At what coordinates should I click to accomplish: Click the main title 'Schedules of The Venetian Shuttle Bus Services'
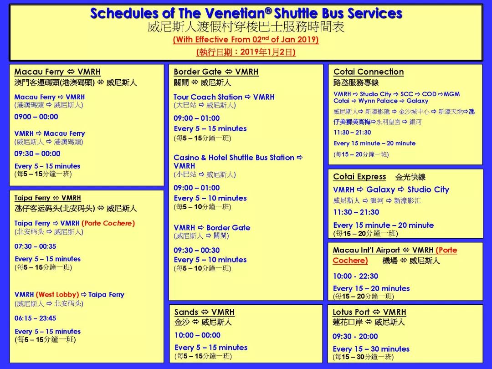[x=246, y=13]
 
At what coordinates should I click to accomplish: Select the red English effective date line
[x=246, y=40]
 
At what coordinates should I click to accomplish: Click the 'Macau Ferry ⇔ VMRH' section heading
[x=57, y=72]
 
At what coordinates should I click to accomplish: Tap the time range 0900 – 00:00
[x=36, y=117]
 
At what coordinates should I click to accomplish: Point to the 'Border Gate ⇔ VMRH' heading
[x=216, y=72]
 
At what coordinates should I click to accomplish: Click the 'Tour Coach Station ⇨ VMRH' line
[x=224, y=97]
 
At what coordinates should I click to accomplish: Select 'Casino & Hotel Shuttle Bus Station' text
[x=234, y=158]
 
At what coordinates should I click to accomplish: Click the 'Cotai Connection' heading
[x=369, y=72]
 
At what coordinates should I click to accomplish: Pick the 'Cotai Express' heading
[x=359, y=177]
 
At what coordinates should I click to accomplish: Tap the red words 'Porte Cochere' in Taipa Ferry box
[x=108, y=223]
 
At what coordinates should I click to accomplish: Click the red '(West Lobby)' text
[x=57, y=295]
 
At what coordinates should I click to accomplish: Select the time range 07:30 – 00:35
[x=35, y=246]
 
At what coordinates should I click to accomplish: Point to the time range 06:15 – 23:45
[x=35, y=318]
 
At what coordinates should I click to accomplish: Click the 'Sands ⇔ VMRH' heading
[x=204, y=312]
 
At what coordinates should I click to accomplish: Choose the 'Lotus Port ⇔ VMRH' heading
[x=369, y=312]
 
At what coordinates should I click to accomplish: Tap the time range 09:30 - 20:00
[x=355, y=337]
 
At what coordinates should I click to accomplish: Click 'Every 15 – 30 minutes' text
[x=371, y=349]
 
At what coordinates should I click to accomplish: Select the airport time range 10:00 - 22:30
[x=355, y=276]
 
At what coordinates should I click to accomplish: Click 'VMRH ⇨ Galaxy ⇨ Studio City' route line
[x=391, y=190]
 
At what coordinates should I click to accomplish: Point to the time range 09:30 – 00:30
[x=196, y=250]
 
